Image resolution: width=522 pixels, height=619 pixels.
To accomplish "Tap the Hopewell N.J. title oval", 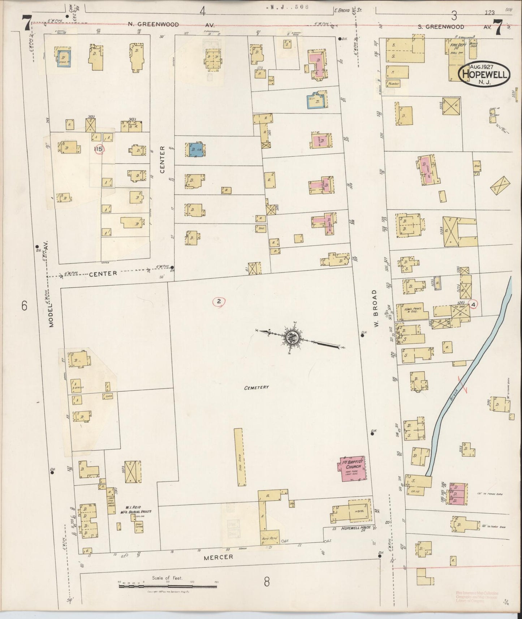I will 484,74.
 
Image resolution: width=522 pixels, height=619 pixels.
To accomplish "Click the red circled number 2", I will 219,301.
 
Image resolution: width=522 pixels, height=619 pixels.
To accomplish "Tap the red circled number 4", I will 473,304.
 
